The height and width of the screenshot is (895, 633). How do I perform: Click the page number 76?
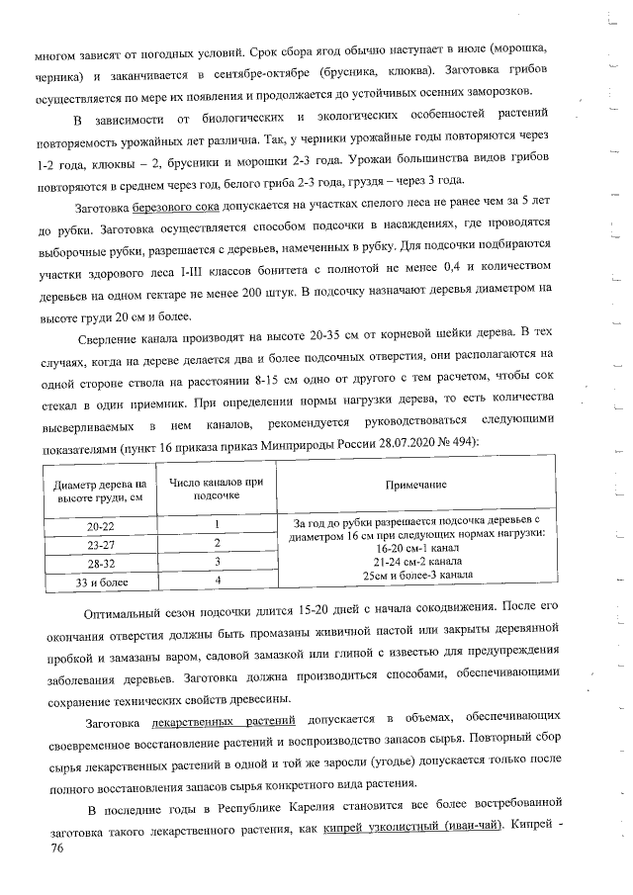(42, 848)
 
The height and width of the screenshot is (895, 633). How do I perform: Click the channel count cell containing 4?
(216, 581)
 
